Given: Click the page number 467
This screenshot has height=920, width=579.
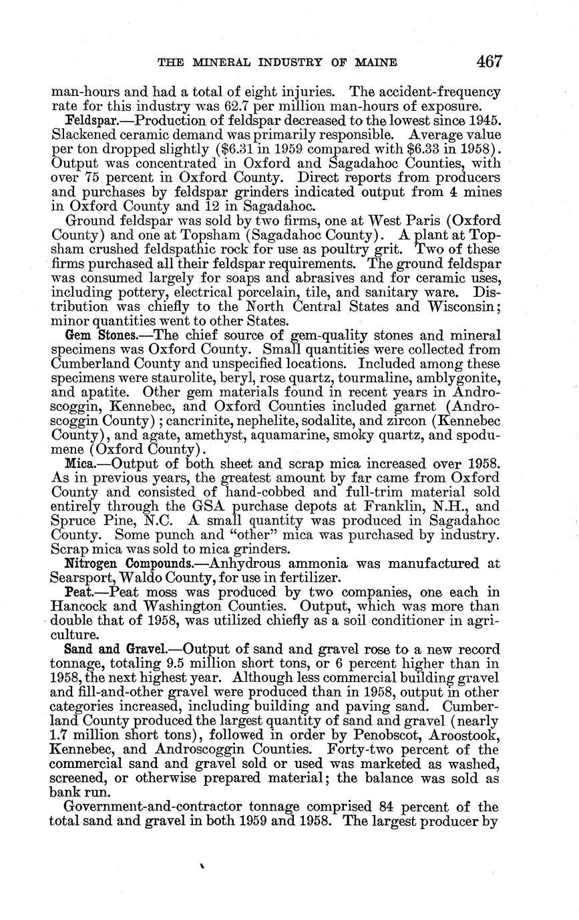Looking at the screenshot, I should tap(489, 61).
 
